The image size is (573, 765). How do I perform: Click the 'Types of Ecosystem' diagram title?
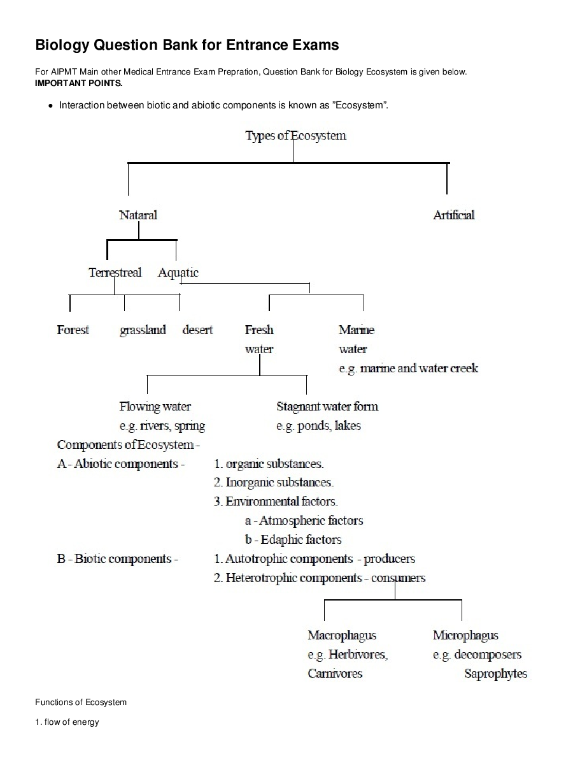tap(295, 136)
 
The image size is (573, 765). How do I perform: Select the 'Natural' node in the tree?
tap(138, 215)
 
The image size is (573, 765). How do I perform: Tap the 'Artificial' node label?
tap(454, 215)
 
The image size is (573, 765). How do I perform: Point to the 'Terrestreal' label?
tap(115, 272)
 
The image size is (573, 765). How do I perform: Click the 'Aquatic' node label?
tap(178, 272)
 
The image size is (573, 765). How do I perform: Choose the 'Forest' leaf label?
tap(73, 330)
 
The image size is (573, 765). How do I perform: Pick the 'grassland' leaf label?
tap(143, 330)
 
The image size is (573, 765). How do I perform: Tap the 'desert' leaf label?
tap(197, 330)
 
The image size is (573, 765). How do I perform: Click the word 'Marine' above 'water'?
tap(357, 330)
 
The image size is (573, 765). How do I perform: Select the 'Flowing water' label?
tap(155, 406)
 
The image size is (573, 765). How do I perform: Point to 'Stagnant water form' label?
tap(327, 406)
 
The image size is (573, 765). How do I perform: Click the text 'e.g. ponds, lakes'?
tap(318, 425)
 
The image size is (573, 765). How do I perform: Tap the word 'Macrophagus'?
tap(342, 635)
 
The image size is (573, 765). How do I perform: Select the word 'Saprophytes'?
tap(496, 673)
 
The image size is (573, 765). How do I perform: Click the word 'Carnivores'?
tap(335, 673)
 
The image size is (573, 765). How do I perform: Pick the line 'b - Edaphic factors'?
tap(293, 539)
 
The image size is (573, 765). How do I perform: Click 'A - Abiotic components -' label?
tap(121, 463)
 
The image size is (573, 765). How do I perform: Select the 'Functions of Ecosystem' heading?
tap(81, 702)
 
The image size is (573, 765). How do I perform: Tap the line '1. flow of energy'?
tap(67, 722)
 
